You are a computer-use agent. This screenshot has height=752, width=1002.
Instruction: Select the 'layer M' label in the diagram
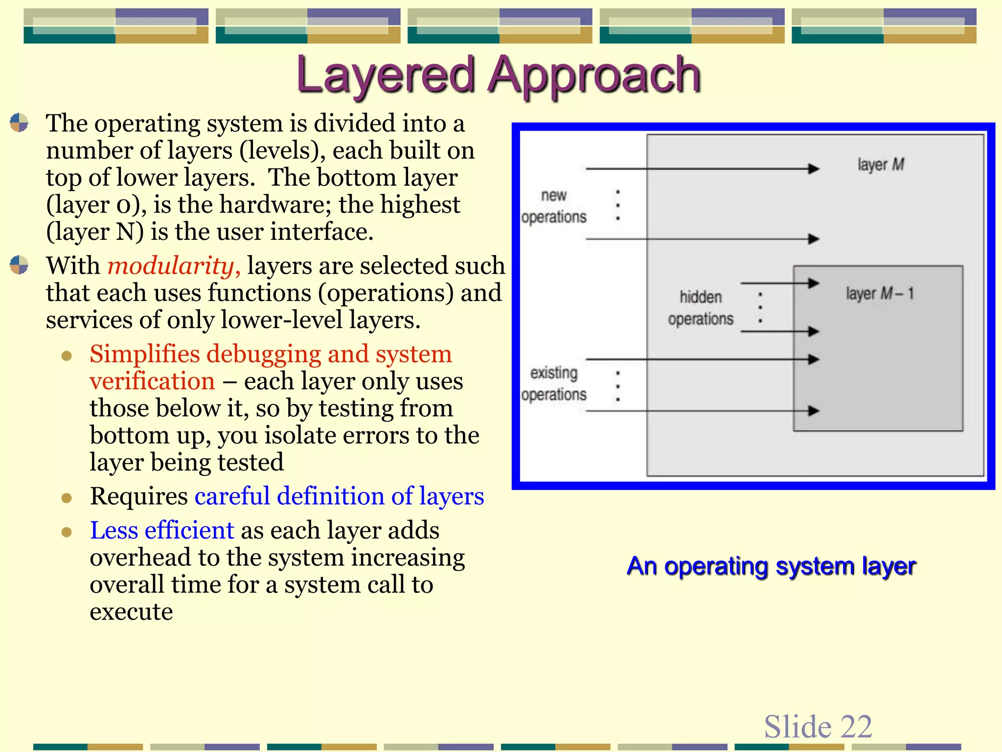click(880, 164)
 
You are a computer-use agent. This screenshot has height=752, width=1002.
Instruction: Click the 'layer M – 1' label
click(879, 293)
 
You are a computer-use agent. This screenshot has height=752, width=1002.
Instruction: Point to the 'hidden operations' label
click(701, 308)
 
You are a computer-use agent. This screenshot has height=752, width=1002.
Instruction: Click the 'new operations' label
click(554, 206)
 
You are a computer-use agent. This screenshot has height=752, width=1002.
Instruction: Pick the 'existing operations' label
click(554, 383)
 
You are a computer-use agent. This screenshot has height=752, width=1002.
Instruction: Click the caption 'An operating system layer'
click(771, 566)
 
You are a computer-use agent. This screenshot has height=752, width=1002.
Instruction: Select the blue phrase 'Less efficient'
click(162, 530)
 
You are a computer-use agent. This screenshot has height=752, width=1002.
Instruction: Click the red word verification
click(152, 381)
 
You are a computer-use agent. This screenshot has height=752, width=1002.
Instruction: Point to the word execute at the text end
click(131, 611)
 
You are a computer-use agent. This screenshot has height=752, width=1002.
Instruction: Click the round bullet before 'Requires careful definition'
click(67, 498)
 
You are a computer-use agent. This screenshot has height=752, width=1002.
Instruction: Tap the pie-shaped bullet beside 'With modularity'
click(19, 265)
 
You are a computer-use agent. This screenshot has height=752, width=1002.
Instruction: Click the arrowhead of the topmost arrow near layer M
click(813, 168)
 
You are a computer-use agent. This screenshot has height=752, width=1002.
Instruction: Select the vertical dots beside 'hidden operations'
click(760, 308)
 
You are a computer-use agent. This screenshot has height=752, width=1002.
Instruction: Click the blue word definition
click(330, 496)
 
